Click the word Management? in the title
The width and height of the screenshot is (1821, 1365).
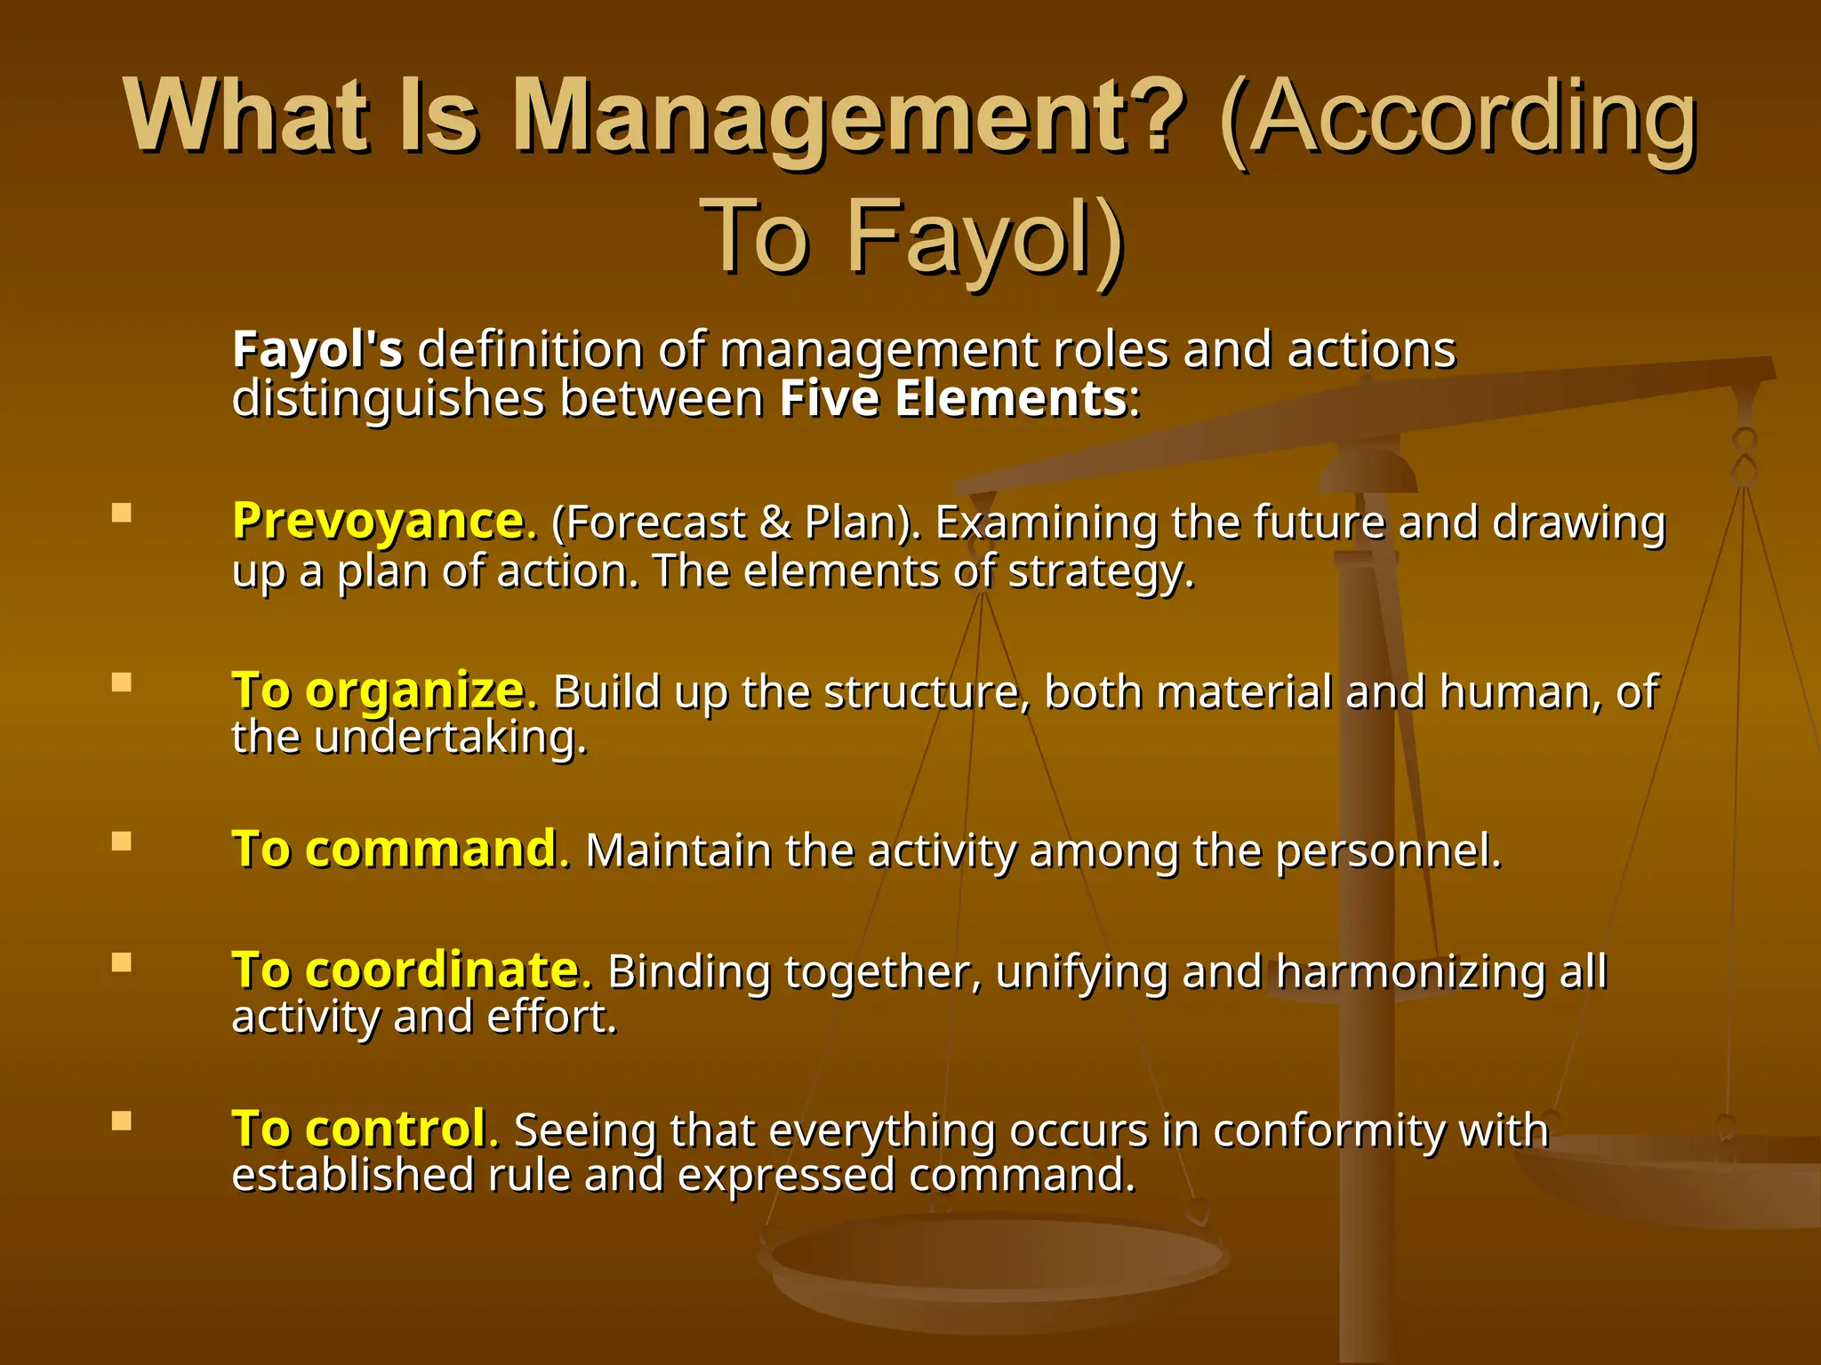coord(849,118)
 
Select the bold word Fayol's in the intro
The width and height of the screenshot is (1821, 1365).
coord(317,349)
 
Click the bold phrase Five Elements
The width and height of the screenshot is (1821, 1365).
coord(953,398)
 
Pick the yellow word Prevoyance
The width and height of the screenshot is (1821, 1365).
coord(379,521)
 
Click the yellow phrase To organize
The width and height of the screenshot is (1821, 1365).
coord(379,691)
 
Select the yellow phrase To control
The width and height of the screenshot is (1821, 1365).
coord(359,1129)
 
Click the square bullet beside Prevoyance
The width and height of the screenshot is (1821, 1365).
coord(122,513)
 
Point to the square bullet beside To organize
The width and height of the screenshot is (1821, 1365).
coord(122,682)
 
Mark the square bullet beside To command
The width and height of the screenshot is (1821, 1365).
coord(122,841)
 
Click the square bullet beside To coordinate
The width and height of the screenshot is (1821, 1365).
coord(122,962)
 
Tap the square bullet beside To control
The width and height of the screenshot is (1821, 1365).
coord(122,1121)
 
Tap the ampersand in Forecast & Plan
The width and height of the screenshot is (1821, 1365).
coord(775,523)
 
